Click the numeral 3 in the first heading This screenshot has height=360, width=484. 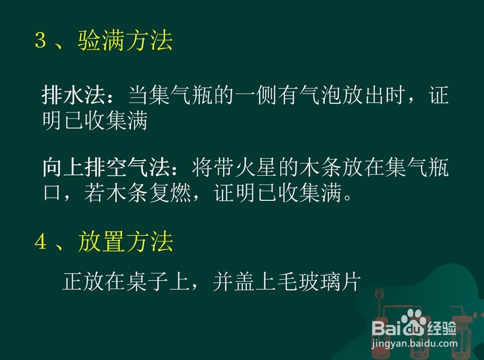pos(41,40)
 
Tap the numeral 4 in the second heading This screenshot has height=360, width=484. pos(41,241)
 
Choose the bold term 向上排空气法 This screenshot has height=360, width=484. pos(106,168)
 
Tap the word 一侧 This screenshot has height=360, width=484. pos(256,95)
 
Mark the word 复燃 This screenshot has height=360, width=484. pos(170,194)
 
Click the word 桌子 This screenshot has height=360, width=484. pos(148,281)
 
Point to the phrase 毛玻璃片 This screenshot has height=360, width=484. pos(318,281)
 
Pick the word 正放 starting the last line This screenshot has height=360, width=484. pos(83,281)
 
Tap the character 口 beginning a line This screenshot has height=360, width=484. pos(52,194)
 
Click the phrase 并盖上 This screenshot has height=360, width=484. pos(244,281)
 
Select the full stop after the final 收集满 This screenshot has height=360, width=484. pos(348,198)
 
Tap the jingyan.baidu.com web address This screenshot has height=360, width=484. pos(415,344)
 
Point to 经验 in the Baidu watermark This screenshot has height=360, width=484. pos(442,328)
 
